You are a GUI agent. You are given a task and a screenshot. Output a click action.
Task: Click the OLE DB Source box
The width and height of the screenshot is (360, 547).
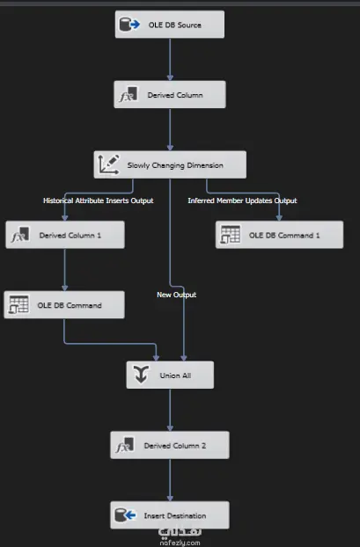click(x=170, y=25)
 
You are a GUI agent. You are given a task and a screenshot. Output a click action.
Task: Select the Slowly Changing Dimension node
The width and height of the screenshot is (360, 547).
click(x=170, y=164)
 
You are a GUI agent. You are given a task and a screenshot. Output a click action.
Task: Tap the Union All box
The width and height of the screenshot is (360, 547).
click(x=170, y=375)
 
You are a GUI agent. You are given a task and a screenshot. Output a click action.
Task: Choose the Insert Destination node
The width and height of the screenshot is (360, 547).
click(x=170, y=515)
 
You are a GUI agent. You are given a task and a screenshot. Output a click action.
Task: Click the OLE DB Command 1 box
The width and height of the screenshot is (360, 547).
click(x=279, y=235)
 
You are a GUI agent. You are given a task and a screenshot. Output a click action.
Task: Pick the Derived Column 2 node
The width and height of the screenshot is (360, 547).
click(x=170, y=445)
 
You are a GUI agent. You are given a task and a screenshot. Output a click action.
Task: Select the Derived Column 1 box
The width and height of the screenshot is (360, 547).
click(x=65, y=235)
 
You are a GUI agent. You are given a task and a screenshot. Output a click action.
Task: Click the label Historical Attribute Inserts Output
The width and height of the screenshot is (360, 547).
click(x=98, y=201)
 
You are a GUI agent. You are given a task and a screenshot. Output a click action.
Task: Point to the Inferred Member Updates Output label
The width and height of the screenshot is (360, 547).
click(x=242, y=201)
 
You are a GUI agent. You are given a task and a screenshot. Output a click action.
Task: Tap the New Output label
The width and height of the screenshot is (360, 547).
click(x=176, y=295)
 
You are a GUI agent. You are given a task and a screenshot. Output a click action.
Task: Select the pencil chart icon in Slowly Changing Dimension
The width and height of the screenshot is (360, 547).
click(x=108, y=164)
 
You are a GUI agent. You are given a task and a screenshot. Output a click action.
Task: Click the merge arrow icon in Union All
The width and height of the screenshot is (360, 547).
click(x=141, y=375)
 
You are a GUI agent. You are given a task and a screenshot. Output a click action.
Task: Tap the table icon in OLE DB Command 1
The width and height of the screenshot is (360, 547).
click(x=230, y=235)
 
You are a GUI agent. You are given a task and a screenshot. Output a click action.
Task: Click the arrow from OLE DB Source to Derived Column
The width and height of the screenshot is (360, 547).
click(x=170, y=59)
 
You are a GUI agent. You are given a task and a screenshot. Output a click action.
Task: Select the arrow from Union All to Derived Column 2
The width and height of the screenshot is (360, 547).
click(x=170, y=410)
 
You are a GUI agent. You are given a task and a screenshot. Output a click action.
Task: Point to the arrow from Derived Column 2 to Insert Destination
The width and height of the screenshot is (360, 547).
click(x=170, y=480)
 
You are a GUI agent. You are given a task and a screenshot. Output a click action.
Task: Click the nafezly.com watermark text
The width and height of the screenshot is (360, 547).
click(x=180, y=543)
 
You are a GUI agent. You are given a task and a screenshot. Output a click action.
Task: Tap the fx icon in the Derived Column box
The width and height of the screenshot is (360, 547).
click(x=129, y=95)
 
